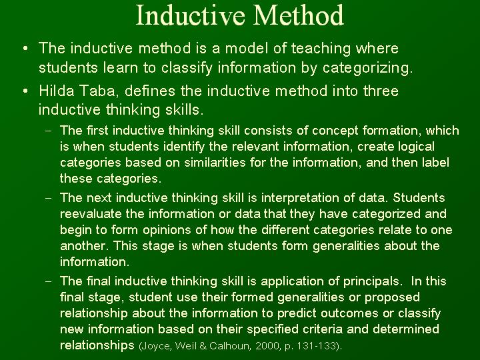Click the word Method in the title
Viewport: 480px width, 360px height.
[299, 15]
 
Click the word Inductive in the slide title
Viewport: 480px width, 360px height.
[190, 15]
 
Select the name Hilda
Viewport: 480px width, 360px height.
[56, 91]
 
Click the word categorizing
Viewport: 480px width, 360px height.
[367, 68]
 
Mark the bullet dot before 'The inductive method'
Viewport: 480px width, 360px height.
[25, 49]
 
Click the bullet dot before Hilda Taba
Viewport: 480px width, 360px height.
[25, 91]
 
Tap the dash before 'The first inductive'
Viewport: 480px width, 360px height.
[49, 131]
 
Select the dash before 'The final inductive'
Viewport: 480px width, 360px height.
[49, 281]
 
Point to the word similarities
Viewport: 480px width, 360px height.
[215, 162]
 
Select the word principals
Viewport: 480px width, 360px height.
[371, 281]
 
